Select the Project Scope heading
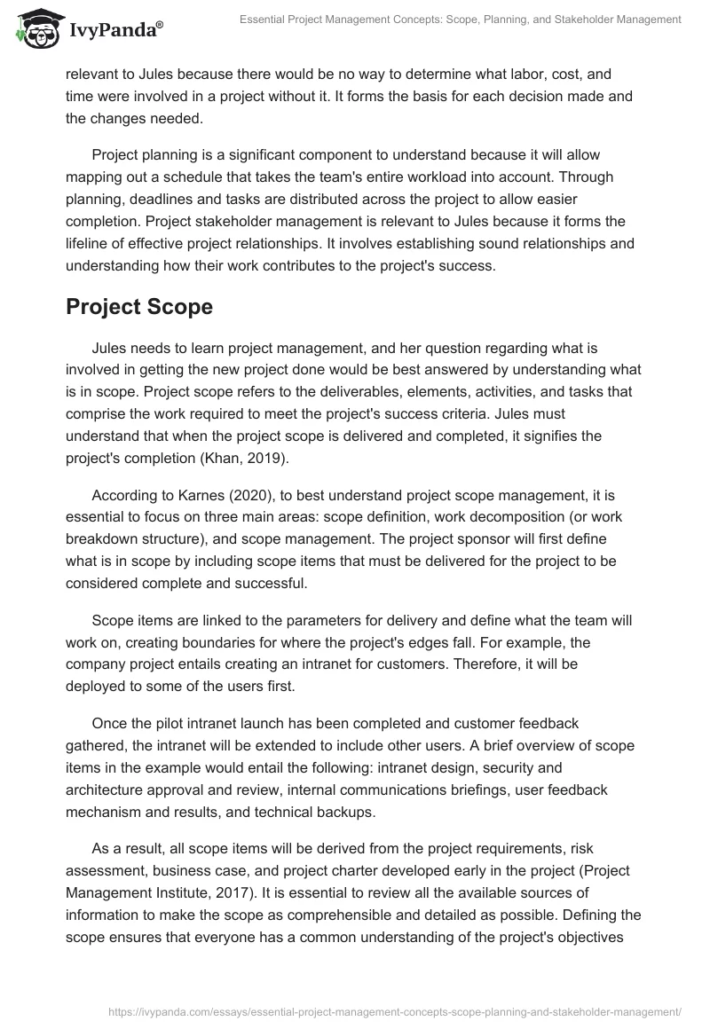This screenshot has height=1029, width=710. (x=139, y=307)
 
